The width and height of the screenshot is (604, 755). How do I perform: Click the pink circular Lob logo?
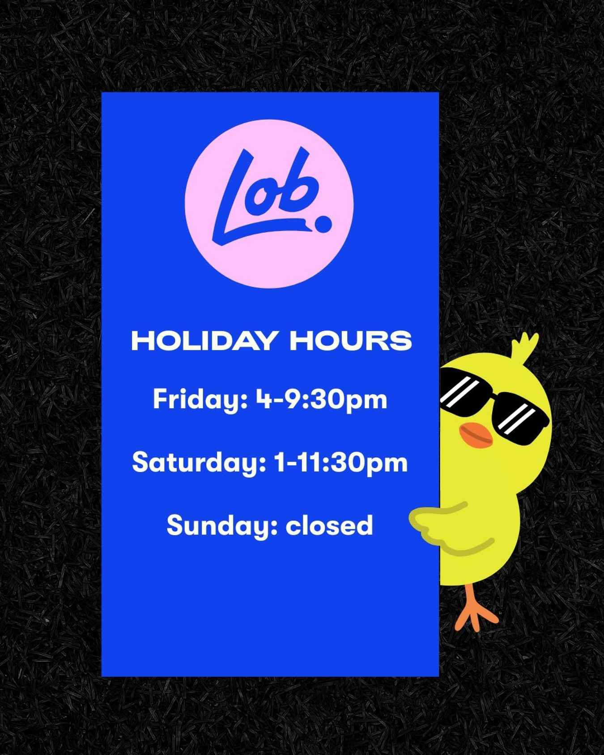(x=269, y=204)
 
